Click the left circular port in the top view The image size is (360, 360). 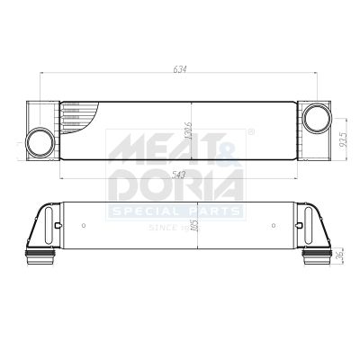[x=40, y=141]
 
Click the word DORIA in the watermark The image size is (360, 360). [x=175, y=185]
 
